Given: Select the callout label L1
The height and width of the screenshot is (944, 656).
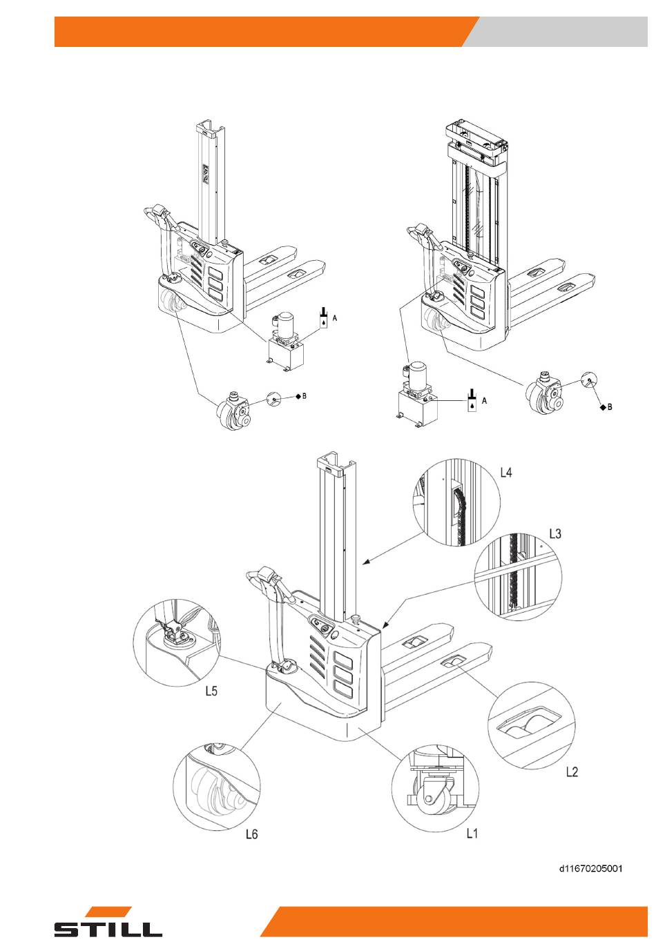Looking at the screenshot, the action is click(x=472, y=833).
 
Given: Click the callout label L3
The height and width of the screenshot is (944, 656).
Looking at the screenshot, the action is click(x=554, y=534).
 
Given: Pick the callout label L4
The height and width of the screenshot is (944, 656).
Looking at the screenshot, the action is click(x=506, y=473).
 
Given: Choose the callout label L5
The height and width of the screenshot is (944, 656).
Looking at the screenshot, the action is click(x=211, y=691).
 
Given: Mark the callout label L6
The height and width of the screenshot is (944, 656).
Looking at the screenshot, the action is click(x=251, y=834).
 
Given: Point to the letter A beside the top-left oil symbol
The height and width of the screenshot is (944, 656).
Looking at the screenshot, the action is click(x=335, y=318).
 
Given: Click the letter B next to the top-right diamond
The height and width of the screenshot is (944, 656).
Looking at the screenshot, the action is click(x=610, y=407).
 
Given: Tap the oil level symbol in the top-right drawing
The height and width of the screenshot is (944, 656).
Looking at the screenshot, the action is click(x=472, y=400).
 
